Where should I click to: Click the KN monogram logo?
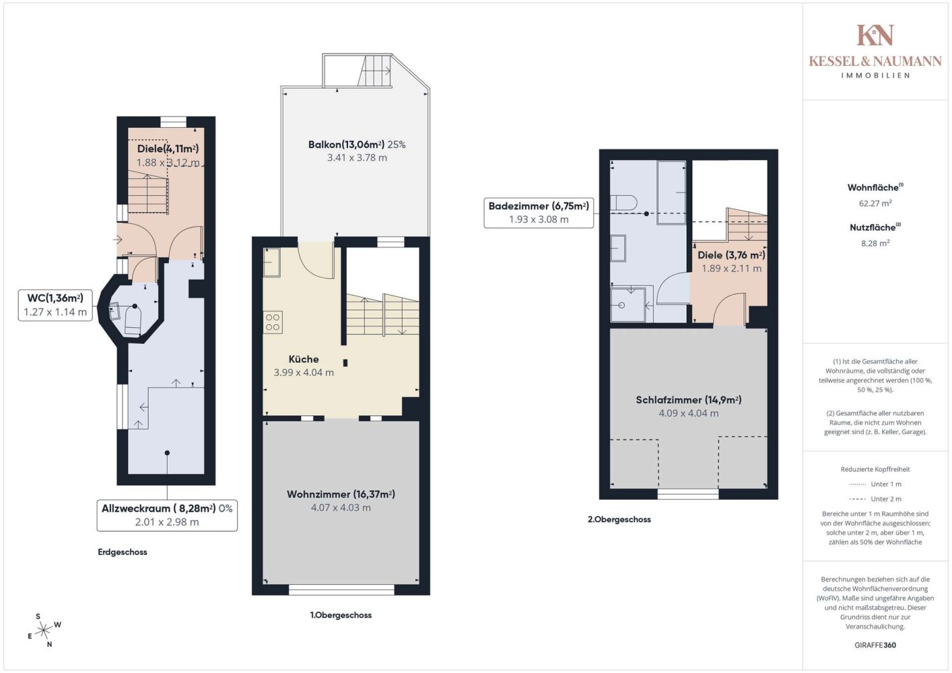tap(875, 35)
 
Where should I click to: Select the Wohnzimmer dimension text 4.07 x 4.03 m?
tap(341, 507)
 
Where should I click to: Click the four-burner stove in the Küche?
tap(273, 322)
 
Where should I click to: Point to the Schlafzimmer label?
tap(689, 400)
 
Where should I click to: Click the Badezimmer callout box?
tap(539, 213)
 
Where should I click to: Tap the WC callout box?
tap(55, 305)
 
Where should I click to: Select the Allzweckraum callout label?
tap(167, 516)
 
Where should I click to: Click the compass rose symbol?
tap(43, 630)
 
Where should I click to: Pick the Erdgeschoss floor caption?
tap(123, 552)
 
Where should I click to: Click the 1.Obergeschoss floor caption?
tap(341, 615)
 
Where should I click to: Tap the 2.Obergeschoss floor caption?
tap(619, 519)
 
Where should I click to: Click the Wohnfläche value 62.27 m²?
tap(875, 203)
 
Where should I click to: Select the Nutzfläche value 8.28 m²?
tap(875, 243)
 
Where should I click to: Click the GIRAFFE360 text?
tap(875, 645)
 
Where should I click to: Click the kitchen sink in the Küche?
tap(271, 262)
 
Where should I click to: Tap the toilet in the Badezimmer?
tap(623, 203)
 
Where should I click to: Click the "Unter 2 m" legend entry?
tap(875, 499)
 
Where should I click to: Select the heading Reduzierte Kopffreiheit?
tap(875, 469)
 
